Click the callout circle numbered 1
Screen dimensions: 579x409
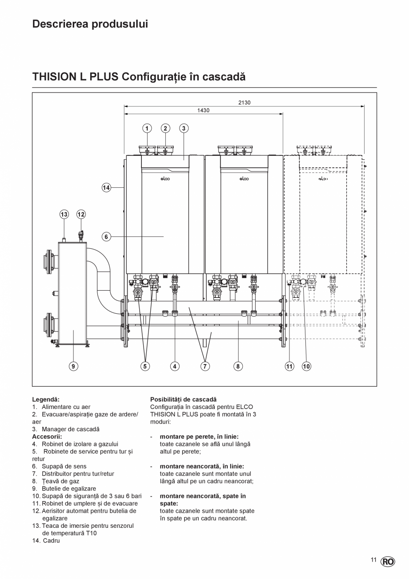[x=147, y=129]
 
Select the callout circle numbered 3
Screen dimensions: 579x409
[x=184, y=129]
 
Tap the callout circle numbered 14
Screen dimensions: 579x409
[x=106, y=188]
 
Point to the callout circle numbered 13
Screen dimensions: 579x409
[x=64, y=215]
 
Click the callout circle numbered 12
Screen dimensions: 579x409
[x=81, y=215]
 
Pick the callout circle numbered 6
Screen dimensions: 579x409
[x=106, y=237]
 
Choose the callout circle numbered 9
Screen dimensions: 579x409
[x=74, y=366]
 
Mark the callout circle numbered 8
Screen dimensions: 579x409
[x=238, y=366]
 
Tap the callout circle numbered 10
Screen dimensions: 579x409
[x=306, y=366]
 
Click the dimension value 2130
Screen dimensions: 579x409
[x=244, y=103]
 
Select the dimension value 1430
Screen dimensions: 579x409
[x=203, y=110]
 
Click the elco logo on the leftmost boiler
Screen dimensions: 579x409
[x=165, y=179]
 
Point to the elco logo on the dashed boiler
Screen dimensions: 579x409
[x=323, y=179]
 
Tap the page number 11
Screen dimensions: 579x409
[x=373, y=560]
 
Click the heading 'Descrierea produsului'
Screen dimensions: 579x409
[x=90, y=24]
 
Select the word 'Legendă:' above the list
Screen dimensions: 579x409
[x=46, y=400]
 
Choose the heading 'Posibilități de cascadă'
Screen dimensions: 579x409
[x=183, y=400]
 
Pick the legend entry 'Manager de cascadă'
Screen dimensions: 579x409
[x=70, y=429]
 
